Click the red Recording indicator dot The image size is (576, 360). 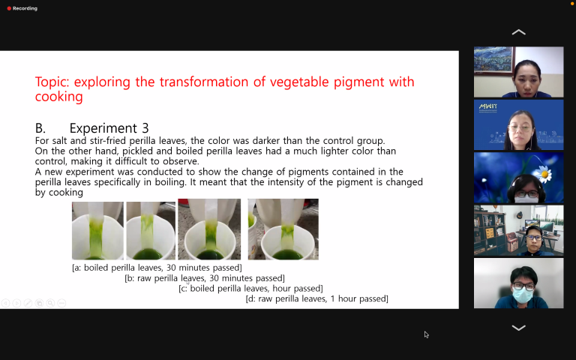click(x=9, y=8)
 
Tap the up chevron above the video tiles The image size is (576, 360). click(x=518, y=32)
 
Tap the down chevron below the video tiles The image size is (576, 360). click(x=518, y=328)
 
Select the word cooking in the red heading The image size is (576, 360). click(x=58, y=97)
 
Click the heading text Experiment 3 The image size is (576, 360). click(x=109, y=128)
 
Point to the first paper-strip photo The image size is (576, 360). click(x=97, y=231)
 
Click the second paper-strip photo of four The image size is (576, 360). click(x=151, y=231)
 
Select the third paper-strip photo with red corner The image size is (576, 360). click(x=209, y=229)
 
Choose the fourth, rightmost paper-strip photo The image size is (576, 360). click(x=283, y=229)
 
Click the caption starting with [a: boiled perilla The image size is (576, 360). click(x=157, y=268)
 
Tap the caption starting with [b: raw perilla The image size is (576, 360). click(x=205, y=278)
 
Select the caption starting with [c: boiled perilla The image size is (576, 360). click(x=250, y=288)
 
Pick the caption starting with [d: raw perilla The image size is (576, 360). click(x=316, y=298)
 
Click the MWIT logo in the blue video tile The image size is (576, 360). click(x=487, y=107)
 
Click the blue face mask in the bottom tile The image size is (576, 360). click(x=522, y=295)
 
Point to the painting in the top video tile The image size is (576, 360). click(x=493, y=59)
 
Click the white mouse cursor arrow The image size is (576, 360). click(x=426, y=334)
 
